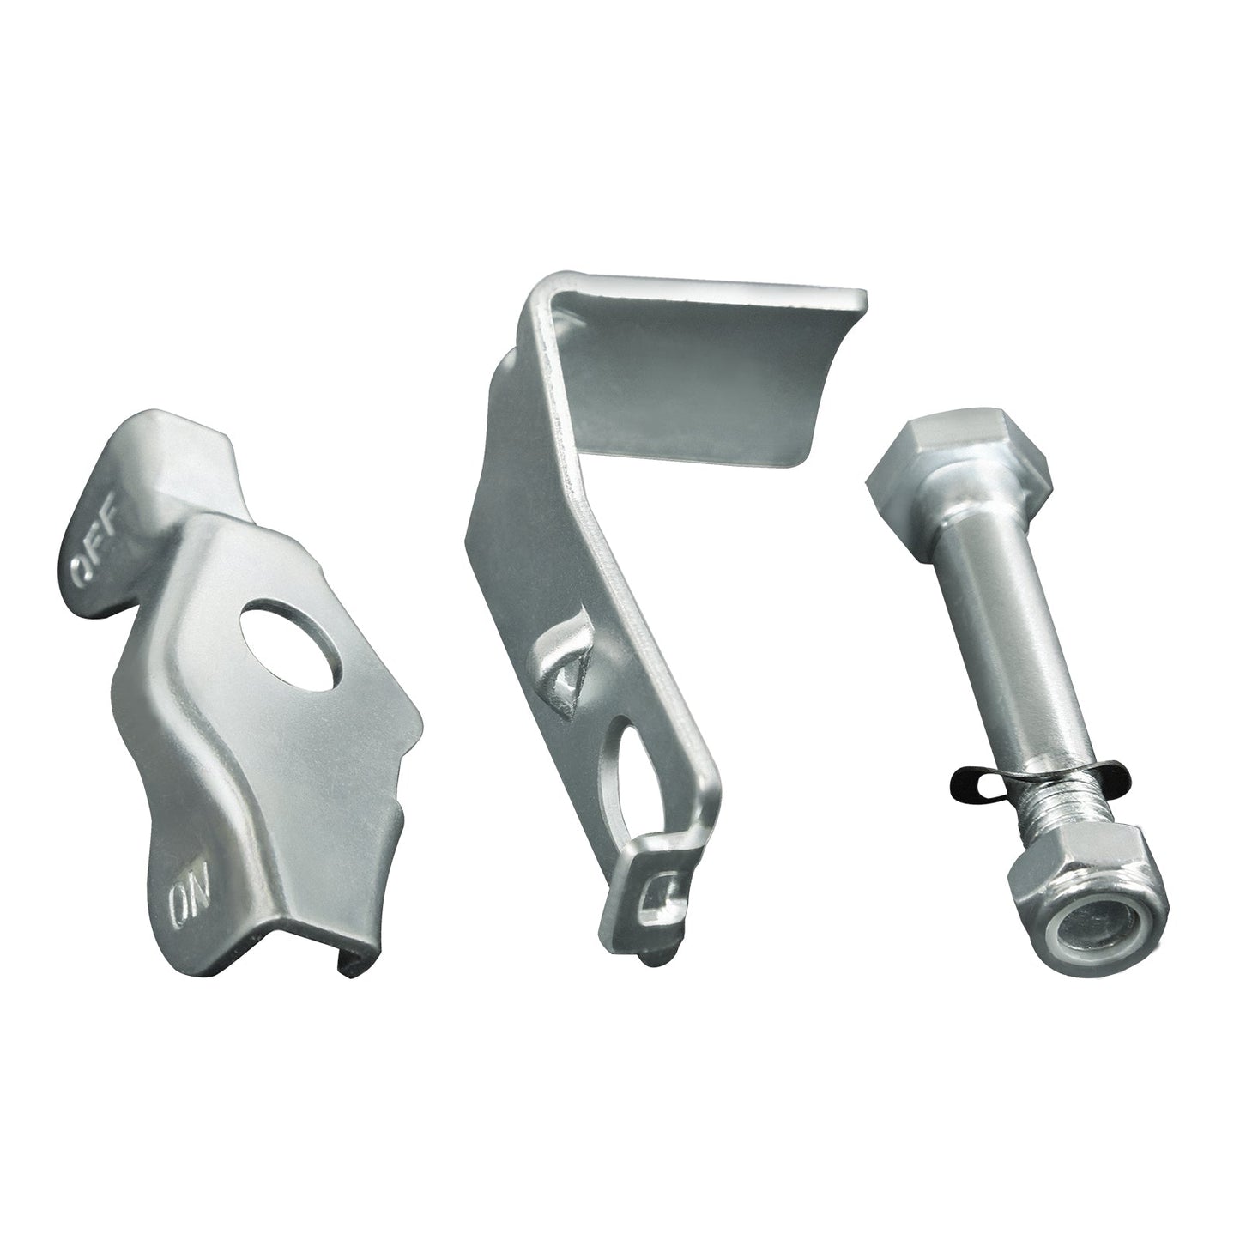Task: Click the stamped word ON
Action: pos(184,901)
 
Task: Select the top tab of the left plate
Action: pos(172,455)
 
